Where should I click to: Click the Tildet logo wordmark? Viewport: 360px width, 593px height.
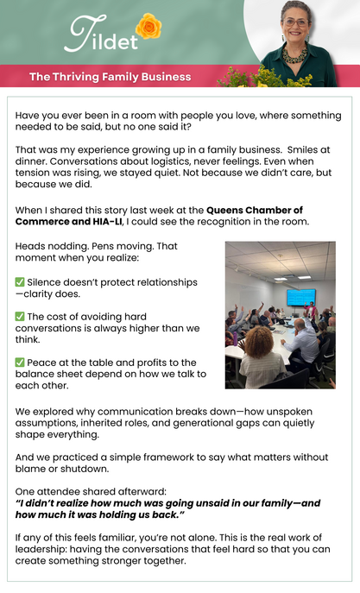tap(101, 35)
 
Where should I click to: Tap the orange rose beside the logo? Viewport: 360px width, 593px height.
tap(148, 26)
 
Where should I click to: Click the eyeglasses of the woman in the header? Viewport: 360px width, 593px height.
tap(296, 22)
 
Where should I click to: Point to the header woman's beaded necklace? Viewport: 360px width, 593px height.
tap(295, 55)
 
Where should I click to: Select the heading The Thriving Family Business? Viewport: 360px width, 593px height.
tap(110, 77)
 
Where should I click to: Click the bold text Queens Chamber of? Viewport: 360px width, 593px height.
tap(255, 210)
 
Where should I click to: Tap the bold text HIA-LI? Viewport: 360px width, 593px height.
tap(107, 221)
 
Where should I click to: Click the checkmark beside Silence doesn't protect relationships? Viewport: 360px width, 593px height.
tap(20, 281)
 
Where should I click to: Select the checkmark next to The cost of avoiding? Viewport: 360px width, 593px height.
tap(20, 316)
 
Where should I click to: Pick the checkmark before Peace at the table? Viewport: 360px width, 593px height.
tap(20, 363)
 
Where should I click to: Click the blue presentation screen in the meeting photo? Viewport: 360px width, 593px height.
tap(301, 297)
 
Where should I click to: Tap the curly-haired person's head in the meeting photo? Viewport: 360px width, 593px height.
tap(259, 342)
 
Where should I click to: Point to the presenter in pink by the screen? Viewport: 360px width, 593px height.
tap(311, 311)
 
